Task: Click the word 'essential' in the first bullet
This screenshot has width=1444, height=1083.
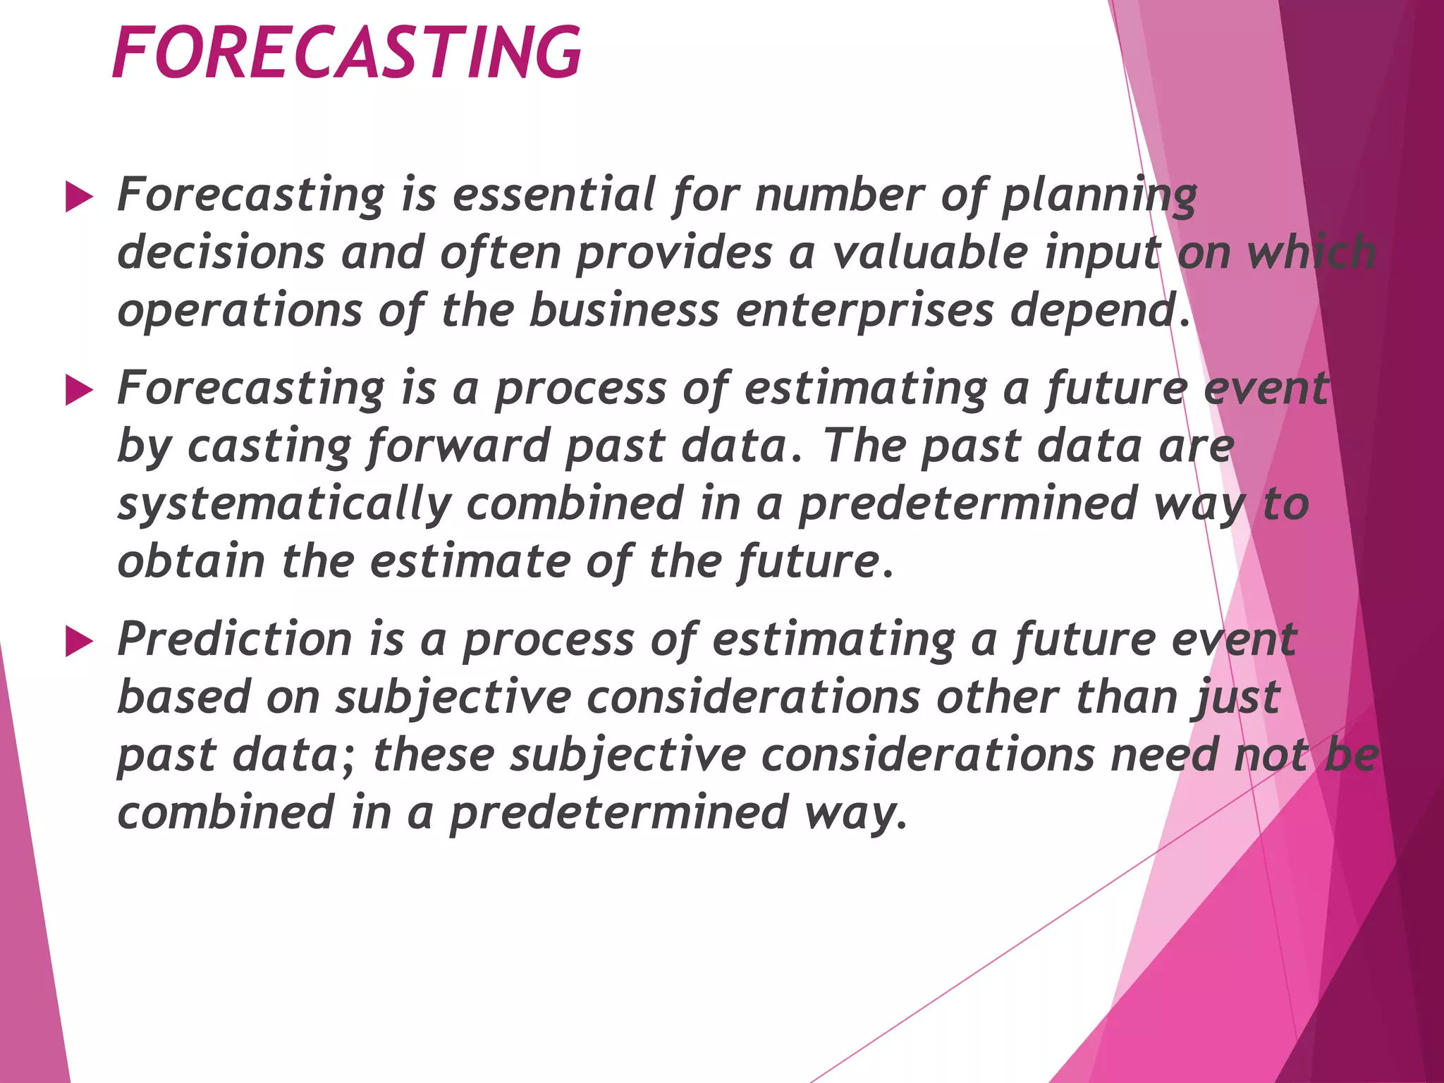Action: pyautogui.click(x=553, y=195)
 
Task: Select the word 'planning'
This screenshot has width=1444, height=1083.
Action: pyautogui.click(x=1099, y=196)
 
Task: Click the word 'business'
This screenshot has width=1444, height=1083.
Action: pyautogui.click(x=624, y=310)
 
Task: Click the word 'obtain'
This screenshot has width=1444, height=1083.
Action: pyautogui.click(x=190, y=561)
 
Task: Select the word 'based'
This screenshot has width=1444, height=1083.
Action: pyautogui.click(x=183, y=697)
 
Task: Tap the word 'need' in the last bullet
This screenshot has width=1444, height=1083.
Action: pyautogui.click(x=1163, y=754)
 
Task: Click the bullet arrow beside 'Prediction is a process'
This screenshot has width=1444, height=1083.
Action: pyautogui.click(x=78, y=642)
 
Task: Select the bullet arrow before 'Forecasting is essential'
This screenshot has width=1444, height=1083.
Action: pyautogui.click(x=78, y=197)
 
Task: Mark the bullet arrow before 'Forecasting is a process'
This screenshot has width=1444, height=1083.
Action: pyautogui.click(x=78, y=391)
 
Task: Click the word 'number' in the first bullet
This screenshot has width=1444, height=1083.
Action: pyautogui.click(x=839, y=195)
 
